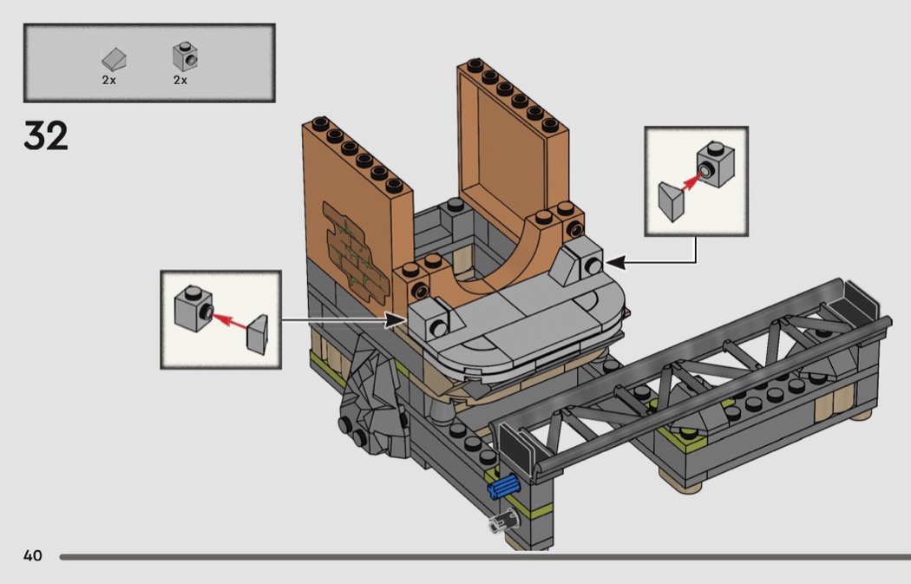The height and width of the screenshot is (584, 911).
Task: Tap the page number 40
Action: tap(32, 555)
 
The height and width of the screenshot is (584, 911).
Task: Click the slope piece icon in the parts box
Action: tap(114, 60)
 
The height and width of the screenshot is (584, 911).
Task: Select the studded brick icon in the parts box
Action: tap(181, 56)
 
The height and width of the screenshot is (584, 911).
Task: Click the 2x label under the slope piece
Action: tap(108, 80)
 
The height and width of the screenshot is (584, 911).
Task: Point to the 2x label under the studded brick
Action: tap(180, 80)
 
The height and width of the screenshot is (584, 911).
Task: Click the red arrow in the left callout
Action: tap(227, 319)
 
